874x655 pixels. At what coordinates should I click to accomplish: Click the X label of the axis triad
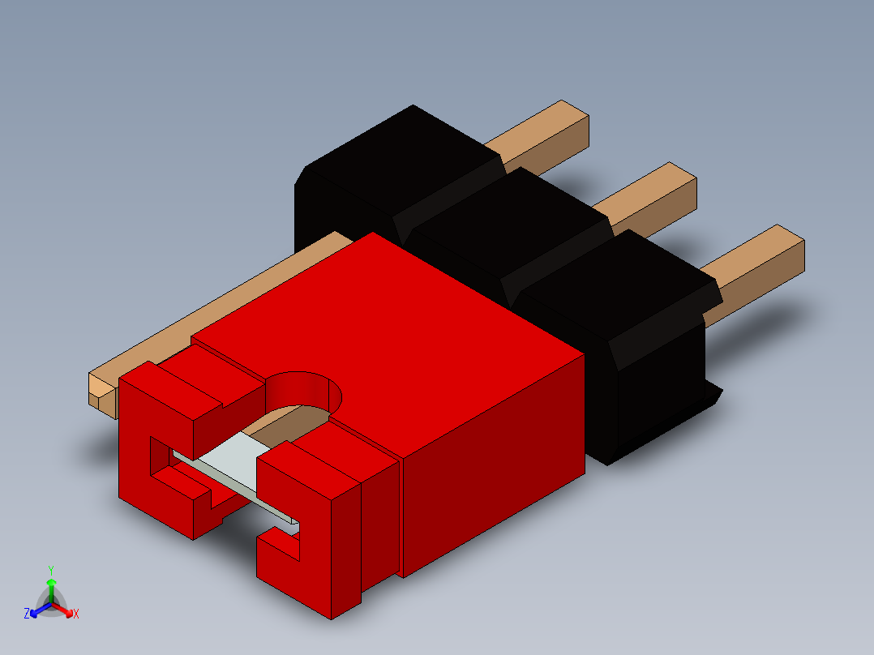pos(76,614)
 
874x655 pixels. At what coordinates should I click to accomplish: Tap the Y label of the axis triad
pos(50,570)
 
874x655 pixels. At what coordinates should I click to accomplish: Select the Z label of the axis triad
pos(27,614)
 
